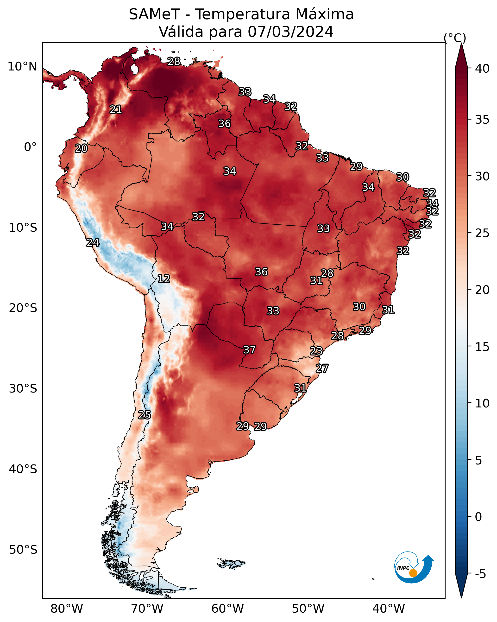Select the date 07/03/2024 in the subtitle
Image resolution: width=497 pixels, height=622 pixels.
[290, 32]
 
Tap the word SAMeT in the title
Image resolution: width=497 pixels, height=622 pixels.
[154, 14]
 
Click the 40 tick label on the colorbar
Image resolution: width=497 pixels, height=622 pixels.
[482, 68]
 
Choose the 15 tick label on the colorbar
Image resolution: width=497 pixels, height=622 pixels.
[482, 347]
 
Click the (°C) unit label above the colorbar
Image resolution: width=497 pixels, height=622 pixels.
[455, 38]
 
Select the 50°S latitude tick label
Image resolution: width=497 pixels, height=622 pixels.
[23, 550]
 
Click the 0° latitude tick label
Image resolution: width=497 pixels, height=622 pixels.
[31, 147]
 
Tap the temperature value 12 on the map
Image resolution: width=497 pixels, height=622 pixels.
[164, 279]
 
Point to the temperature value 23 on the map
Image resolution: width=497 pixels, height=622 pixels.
[316, 351]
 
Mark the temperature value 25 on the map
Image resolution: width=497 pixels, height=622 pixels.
[145, 415]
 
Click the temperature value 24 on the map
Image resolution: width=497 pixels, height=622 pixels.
[93, 243]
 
